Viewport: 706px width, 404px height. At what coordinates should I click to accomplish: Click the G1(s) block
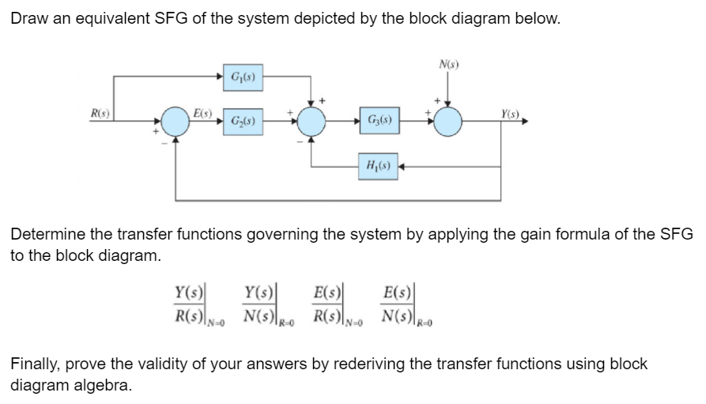tap(242, 77)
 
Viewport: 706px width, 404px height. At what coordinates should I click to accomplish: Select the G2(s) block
tap(242, 123)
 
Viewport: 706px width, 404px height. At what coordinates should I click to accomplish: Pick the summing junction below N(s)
tap(448, 123)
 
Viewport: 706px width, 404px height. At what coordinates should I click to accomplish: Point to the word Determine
tap(51, 234)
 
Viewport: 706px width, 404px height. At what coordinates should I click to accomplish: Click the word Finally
tap(34, 364)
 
